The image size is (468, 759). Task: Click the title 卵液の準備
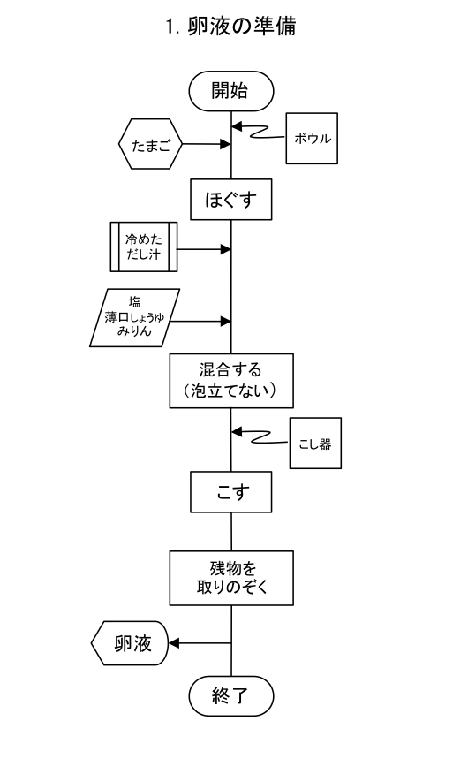[x=231, y=27]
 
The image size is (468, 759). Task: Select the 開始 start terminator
[x=231, y=91]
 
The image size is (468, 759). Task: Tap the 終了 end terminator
[x=231, y=695]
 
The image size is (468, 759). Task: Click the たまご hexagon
[x=150, y=144]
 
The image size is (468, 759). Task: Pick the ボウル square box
[x=312, y=139]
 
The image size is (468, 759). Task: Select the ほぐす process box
[x=230, y=200]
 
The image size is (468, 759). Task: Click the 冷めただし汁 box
[x=144, y=247]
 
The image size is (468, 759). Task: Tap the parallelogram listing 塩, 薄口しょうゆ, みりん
[x=134, y=317]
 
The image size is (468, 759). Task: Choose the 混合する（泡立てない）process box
[x=231, y=381]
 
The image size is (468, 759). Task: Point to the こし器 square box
[x=315, y=444]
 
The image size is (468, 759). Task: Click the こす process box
[x=230, y=492]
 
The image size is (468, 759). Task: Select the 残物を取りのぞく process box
[x=231, y=578]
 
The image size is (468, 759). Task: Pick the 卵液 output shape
[x=130, y=643]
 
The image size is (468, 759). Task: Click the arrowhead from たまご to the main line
[x=225, y=144]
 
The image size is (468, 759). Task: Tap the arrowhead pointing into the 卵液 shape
[x=174, y=643]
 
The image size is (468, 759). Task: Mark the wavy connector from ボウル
[x=259, y=133]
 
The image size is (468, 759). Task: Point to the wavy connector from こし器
[x=261, y=437]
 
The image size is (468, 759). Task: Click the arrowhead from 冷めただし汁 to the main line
[x=225, y=249]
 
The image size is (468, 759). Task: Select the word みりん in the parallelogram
[x=134, y=331]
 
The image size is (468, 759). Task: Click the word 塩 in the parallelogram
[x=134, y=302]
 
